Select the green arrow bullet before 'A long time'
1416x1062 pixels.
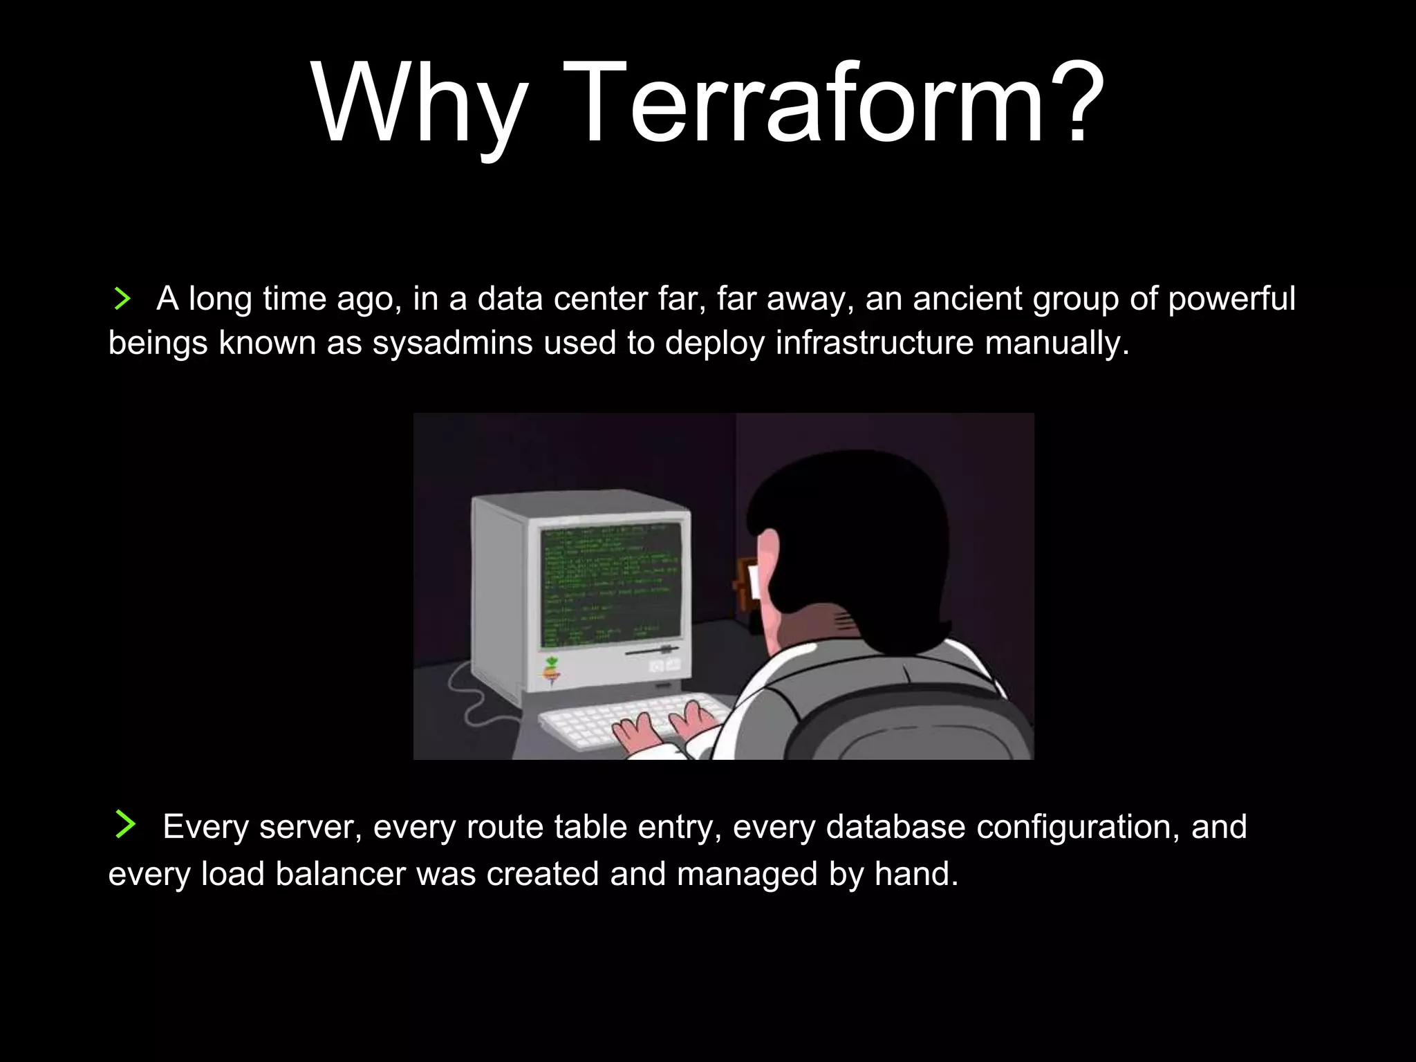coord(122,299)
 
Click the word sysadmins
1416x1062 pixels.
coord(452,343)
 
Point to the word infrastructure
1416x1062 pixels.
coord(874,343)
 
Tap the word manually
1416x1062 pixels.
coord(1056,343)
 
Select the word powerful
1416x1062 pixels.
coord(1231,299)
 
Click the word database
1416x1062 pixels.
coord(895,827)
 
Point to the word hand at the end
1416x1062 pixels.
coord(916,874)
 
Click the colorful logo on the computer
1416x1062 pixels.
coord(551,670)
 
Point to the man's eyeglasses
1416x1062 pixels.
coord(748,584)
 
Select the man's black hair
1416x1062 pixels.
coord(857,525)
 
